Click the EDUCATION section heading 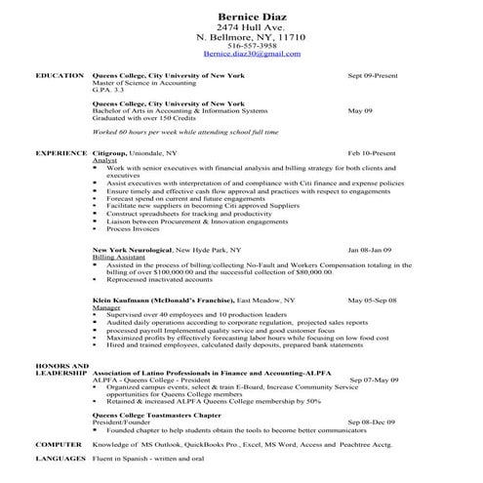coord(59,75)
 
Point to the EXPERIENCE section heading coord(60,153)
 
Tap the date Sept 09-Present coord(372,75)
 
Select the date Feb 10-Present coord(372,153)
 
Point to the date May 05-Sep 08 coord(373,301)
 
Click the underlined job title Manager coord(106,307)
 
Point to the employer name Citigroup coord(112,153)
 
